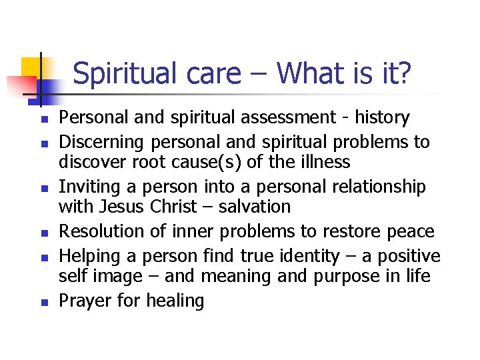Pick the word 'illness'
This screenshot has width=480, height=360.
[x=327, y=162]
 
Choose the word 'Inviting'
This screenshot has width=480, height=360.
[x=87, y=187]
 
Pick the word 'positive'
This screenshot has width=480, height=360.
[x=411, y=256]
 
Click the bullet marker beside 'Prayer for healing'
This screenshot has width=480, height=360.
[x=42, y=303]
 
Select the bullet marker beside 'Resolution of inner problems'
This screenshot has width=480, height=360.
[x=42, y=233]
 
